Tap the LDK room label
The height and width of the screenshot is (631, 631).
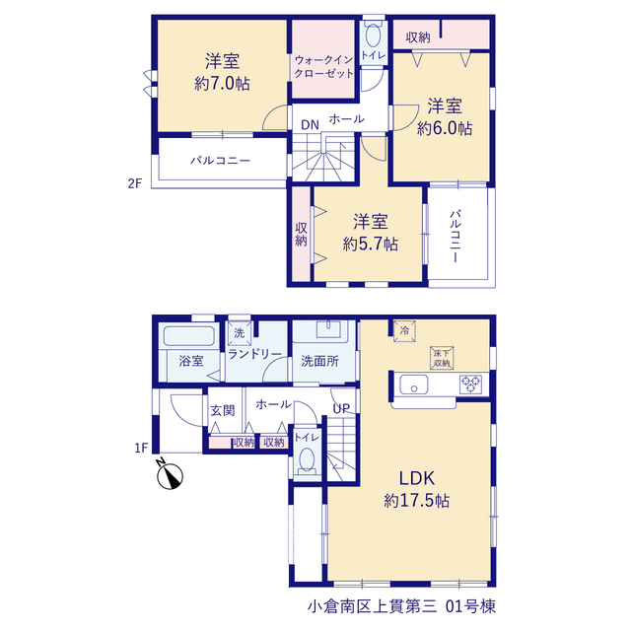tap(416, 478)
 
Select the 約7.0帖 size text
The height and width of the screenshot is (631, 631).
tap(222, 84)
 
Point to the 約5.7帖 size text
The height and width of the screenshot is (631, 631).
tap(371, 244)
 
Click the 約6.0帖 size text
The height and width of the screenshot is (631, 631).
tap(445, 128)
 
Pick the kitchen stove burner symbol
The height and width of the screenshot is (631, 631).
tap(471, 385)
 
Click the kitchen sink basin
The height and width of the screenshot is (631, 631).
tap(414, 385)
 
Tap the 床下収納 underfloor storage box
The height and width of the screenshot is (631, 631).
tap(442, 358)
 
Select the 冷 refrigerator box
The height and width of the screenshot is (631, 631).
tap(404, 331)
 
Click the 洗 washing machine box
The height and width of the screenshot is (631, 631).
tap(240, 333)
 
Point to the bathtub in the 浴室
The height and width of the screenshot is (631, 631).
tap(188, 335)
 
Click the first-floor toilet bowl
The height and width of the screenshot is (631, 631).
tap(307, 459)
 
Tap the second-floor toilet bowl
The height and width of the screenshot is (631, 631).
tap(373, 35)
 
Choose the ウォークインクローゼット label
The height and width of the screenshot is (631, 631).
tap(324, 67)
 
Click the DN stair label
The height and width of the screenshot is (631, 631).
tap(310, 125)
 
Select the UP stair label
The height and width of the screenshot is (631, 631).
tap(341, 408)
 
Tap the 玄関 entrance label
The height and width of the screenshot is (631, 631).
tap(223, 410)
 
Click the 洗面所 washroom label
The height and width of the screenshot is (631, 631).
tap(319, 361)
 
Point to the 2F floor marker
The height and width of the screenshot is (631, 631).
tap(135, 183)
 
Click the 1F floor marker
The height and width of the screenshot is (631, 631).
tap(141, 448)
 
